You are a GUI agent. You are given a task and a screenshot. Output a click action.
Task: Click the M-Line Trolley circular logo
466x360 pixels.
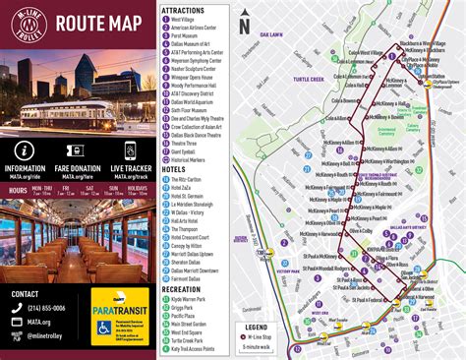pyautogui.click(x=26, y=24)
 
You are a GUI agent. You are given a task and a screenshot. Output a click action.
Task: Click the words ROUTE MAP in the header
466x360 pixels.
pyautogui.click(x=96, y=23)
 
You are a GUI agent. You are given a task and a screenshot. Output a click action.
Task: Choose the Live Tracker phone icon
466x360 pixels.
pyautogui.click(x=130, y=150)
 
